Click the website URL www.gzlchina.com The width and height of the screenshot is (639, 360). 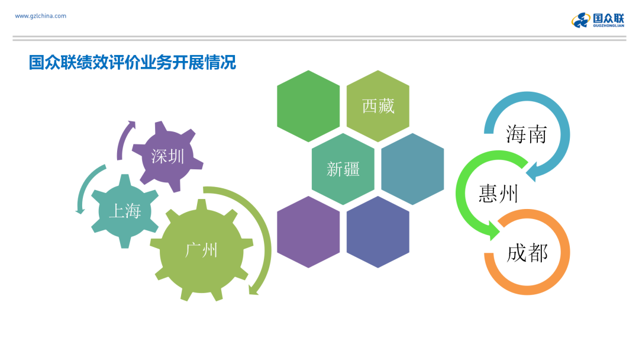tap(40, 16)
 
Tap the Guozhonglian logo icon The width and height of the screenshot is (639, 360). tap(581, 20)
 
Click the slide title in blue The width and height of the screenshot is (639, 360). tap(133, 62)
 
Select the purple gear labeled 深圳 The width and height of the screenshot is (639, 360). tap(167, 156)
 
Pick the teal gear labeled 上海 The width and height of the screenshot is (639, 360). tap(125, 211)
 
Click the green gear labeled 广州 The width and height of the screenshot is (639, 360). tap(202, 250)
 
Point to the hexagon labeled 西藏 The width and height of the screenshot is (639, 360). tap(377, 106)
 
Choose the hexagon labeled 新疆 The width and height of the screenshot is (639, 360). tap(343, 169)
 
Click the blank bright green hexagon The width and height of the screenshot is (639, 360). tap(308, 106)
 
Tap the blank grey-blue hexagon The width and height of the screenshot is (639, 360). tap(412, 169)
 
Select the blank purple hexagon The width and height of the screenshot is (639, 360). tap(308, 232)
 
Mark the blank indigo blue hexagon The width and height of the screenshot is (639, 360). tap(377, 232)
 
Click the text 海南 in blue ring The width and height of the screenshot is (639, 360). tap(527, 134)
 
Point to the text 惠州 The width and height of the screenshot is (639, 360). tap(498, 193)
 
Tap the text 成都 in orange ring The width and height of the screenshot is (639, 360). tap(527, 253)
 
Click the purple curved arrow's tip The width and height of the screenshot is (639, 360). tap(132, 123)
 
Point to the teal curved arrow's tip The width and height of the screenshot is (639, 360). tap(80, 211)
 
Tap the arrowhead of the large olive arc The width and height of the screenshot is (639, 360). tap(253, 290)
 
